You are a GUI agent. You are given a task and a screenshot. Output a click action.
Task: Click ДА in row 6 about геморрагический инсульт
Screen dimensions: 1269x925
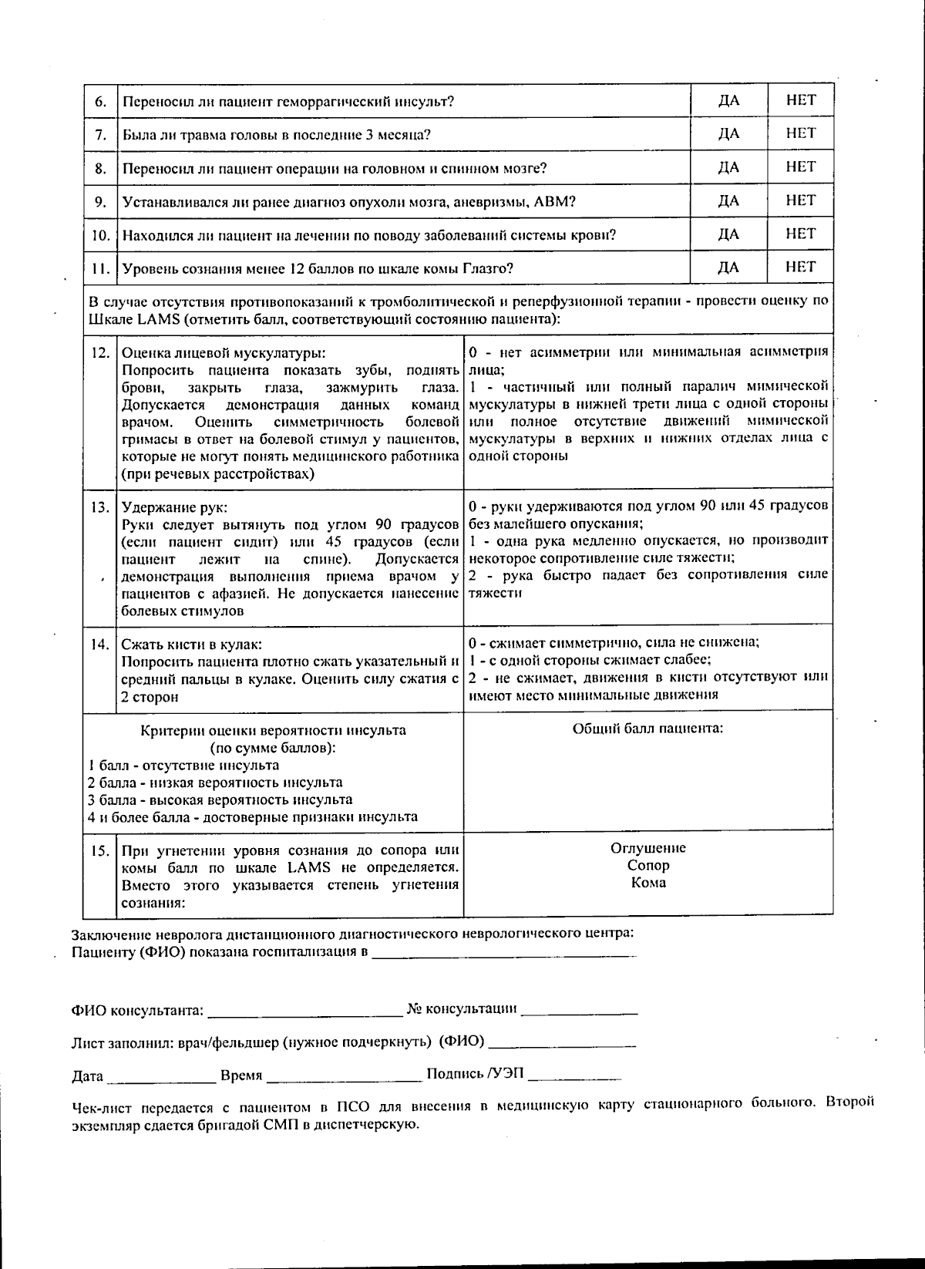click(x=728, y=101)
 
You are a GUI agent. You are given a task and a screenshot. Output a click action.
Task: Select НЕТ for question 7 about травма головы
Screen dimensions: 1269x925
click(x=800, y=133)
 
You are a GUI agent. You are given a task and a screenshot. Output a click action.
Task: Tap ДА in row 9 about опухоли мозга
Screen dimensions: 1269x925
click(x=728, y=201)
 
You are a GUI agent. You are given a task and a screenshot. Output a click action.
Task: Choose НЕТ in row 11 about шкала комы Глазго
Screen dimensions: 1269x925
click(x=800, y=267)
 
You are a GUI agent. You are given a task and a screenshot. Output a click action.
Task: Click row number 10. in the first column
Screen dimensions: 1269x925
click(x=100, y=235)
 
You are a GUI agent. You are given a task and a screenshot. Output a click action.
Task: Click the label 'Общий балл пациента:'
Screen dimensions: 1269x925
click(x=647, y=729)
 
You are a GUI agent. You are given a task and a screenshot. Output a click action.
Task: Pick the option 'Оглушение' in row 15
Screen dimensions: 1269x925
click(x=647, y=848)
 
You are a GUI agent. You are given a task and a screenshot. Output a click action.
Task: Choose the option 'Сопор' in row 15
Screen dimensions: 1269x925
click(x=647, y=865)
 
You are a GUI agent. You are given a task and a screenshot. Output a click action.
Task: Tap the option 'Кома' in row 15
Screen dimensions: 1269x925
click(x=647, y=883)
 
